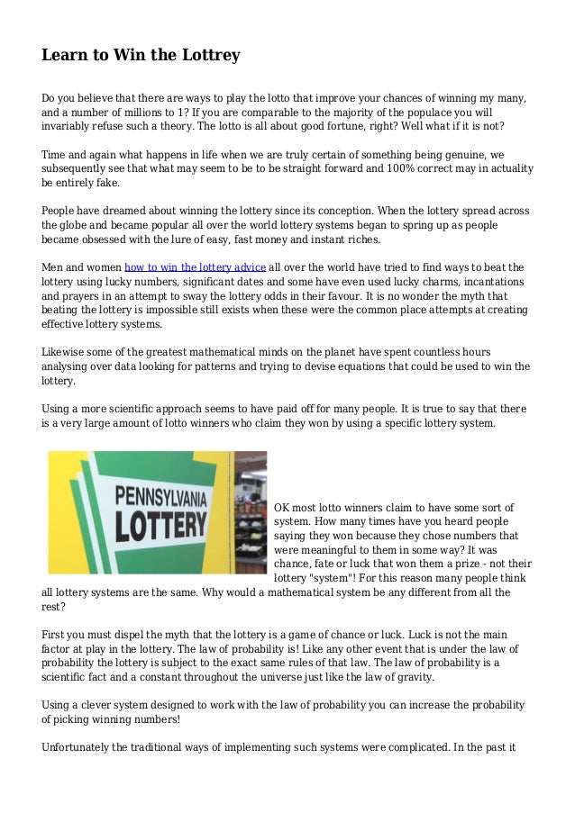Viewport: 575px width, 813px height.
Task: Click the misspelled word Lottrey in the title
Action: point(211,55)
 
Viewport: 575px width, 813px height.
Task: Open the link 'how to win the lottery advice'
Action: point(195,267)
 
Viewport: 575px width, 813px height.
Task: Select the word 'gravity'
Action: point(414,677)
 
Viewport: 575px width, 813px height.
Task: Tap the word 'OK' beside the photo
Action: point(282,508)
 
